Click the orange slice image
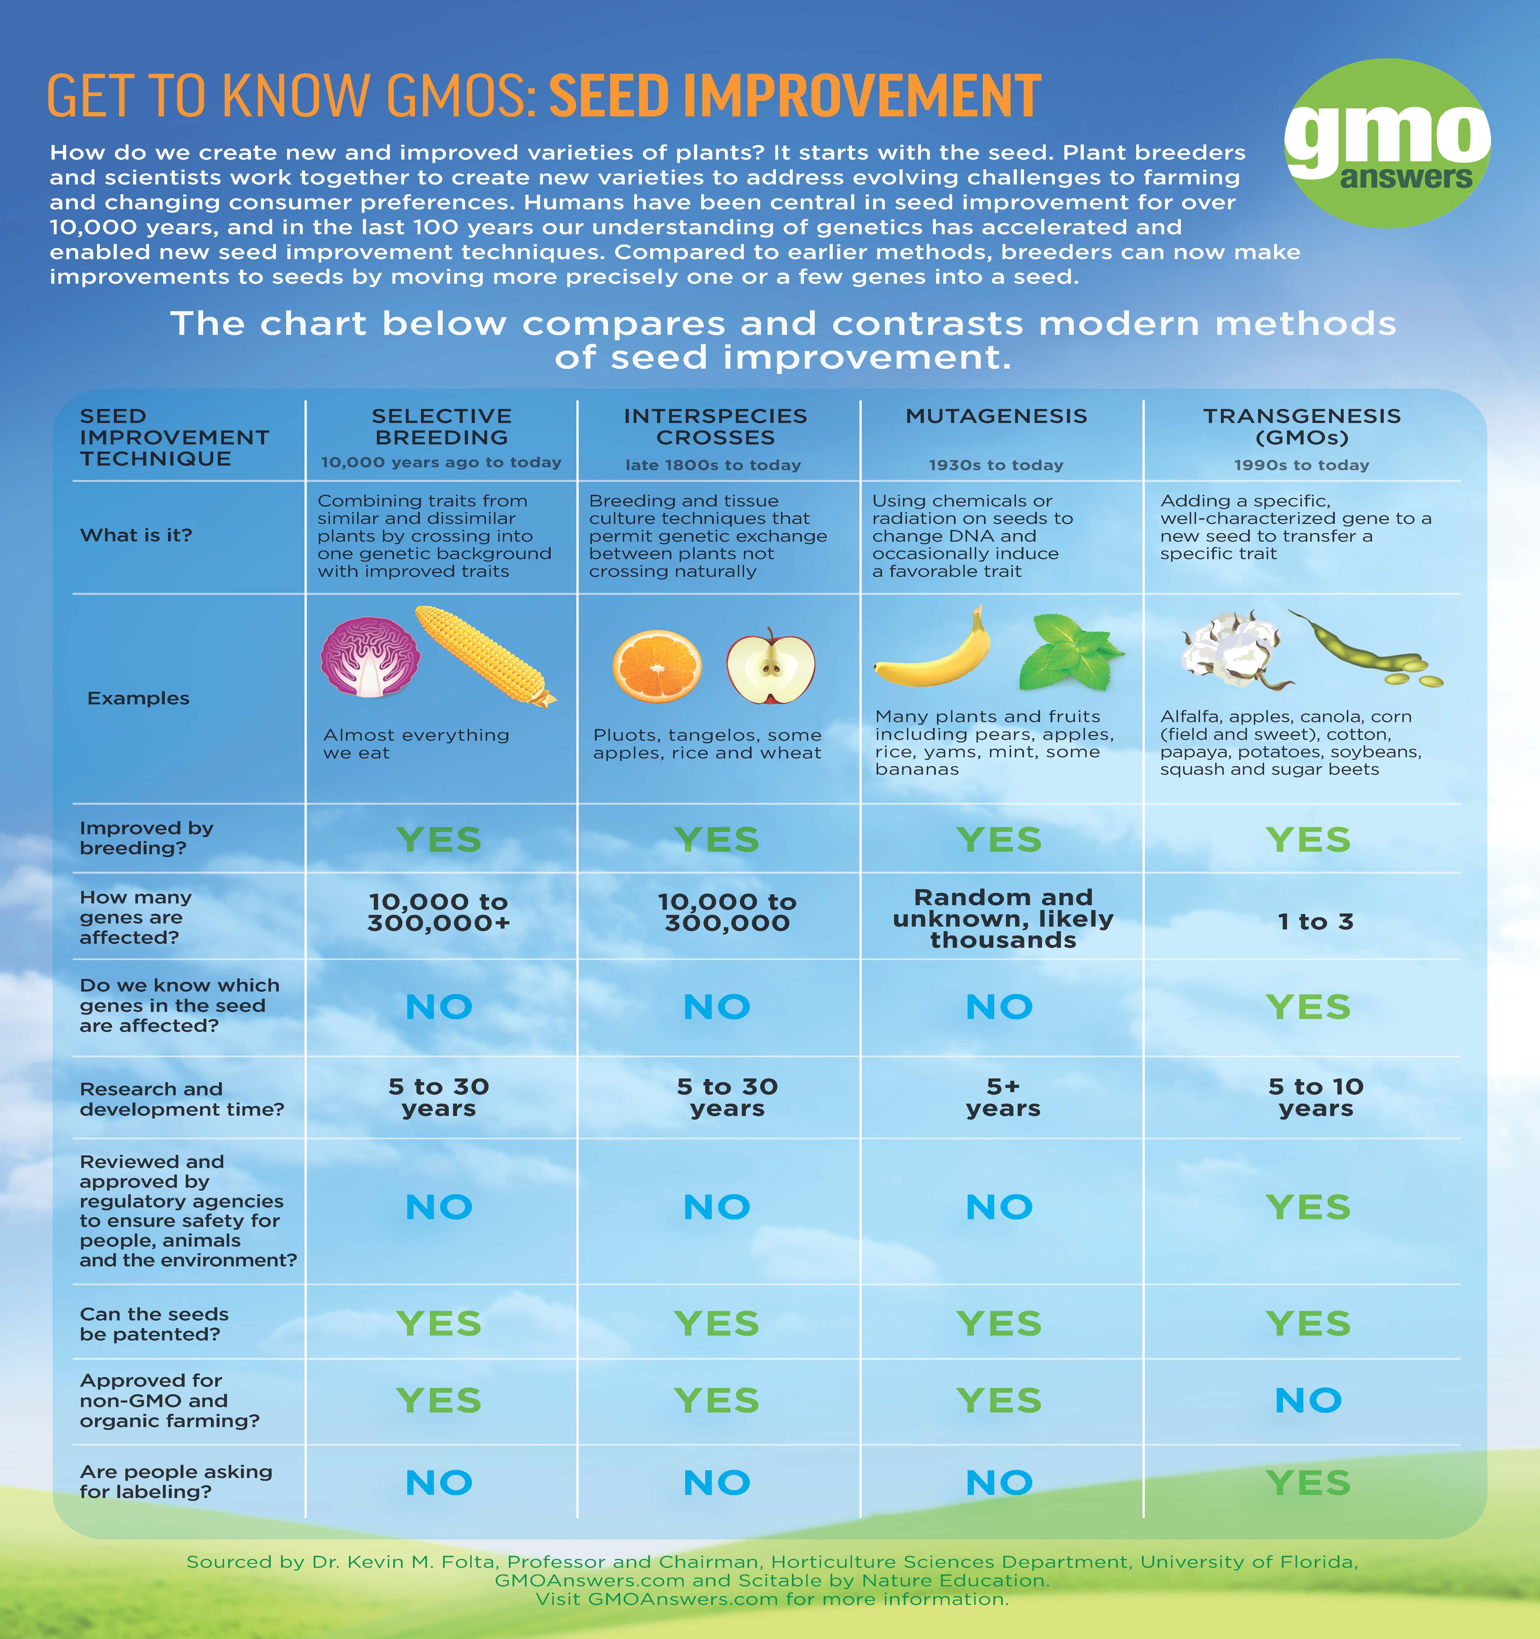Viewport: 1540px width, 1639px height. [x=657, y=666]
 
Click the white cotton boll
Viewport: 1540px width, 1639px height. [x=1231, y=650]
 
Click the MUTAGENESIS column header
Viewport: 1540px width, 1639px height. [x=997, y=416]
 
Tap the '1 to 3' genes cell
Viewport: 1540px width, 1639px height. [x=1316, y=922]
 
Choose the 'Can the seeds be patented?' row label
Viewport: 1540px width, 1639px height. [x=154, y=1324]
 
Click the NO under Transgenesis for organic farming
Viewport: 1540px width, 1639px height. [x=1308, y=1400]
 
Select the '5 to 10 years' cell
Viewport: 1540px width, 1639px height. [x=1316, y=1097]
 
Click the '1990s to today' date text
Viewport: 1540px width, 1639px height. [x=1302, y=465]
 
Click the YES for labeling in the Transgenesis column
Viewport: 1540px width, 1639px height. [x=1308, y=1482]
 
